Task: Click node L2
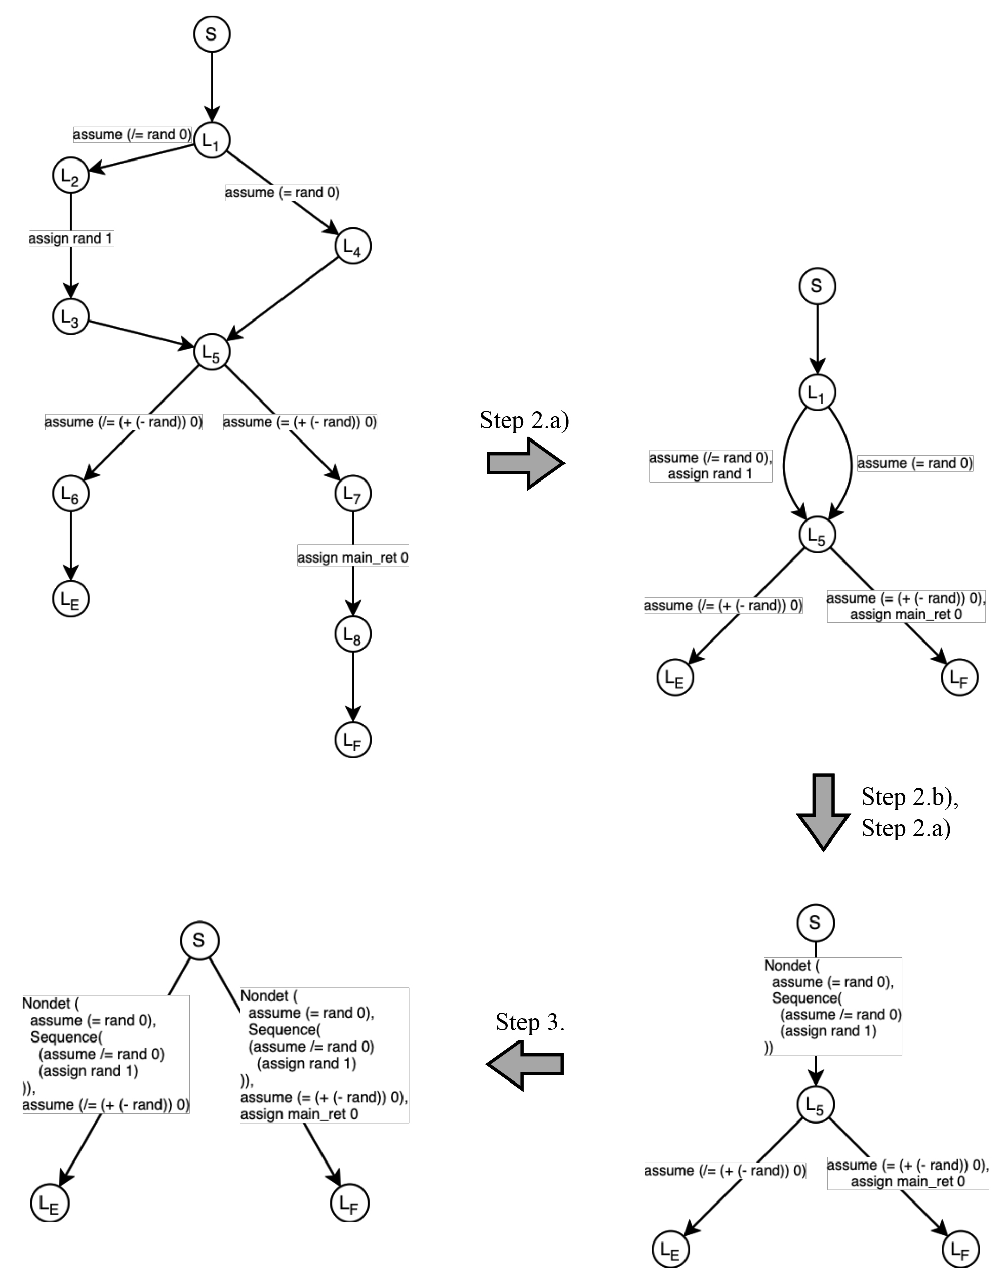point(71,176)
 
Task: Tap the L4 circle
point(353,246)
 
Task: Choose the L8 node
point(353,634)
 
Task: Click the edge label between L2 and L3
point(71,239)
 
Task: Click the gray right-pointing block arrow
point(526,463)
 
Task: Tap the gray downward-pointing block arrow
point(823,812)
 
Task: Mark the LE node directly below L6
point(71,598)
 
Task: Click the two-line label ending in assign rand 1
point(710,466)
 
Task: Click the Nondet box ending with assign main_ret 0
point(324,1055)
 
